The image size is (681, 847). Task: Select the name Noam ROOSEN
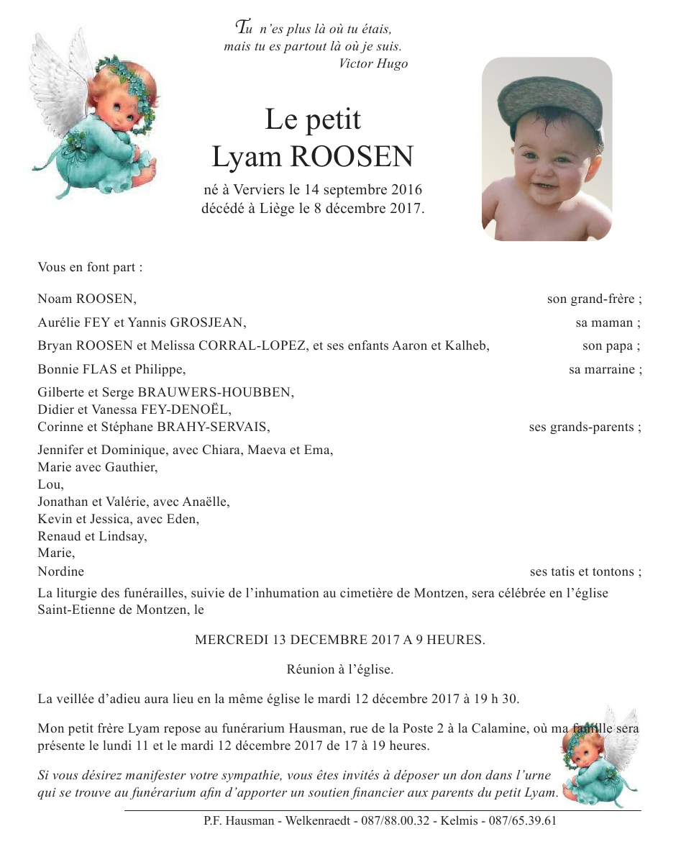87,299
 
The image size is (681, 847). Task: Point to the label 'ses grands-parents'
585,427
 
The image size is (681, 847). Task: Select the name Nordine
61,572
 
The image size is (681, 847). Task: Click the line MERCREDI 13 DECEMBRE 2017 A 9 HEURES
340,640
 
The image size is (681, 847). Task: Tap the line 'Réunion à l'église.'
340,669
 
